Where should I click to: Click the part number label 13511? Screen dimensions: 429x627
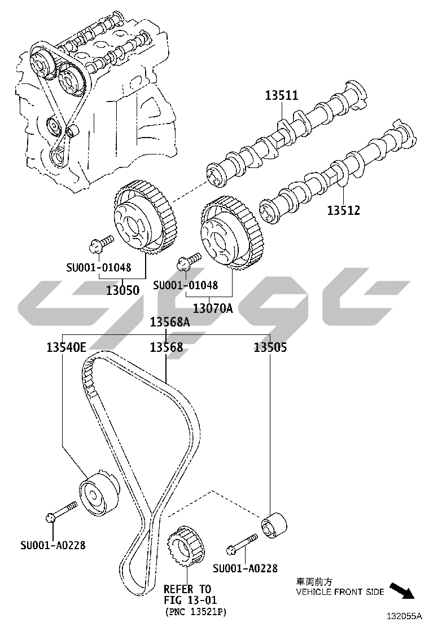[282, 95]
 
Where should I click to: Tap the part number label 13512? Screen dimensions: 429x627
[343, 210]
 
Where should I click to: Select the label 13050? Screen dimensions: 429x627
[122, 290]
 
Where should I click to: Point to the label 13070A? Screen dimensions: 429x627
[212, 308]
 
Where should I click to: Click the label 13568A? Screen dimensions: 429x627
[170, 322]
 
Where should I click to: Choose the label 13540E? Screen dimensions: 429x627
[67, 347]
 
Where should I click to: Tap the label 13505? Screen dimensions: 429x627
[270, 347]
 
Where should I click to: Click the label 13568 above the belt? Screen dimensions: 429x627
[166, 347]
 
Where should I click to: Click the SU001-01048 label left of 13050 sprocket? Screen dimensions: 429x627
[98, 267]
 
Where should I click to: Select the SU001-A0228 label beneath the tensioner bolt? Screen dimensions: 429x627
[53, 545]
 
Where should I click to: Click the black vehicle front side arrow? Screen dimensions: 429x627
[402, 591]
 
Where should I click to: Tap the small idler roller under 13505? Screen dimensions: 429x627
[274, 523]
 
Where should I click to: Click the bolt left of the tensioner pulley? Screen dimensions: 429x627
[61, 511]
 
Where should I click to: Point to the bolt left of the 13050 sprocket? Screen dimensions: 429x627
[101, 244]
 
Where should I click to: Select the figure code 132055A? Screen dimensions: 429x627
[404, 616]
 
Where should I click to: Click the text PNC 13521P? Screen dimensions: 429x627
[195, 611]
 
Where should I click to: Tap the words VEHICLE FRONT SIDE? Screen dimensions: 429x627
[340, 592]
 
